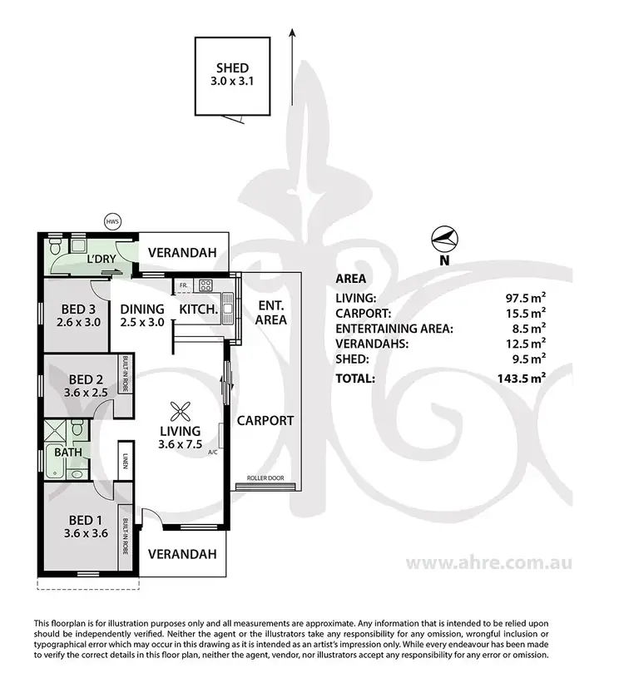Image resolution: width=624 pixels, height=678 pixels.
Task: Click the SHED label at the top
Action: (x=232, y=68)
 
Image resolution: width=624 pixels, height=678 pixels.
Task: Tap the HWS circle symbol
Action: (x=112, y=221)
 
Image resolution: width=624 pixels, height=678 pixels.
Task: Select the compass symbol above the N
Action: (x=444, y=240)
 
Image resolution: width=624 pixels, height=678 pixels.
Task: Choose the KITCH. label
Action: (x=199, y=309)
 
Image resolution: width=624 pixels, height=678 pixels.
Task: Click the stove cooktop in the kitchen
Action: (x=205, y=287)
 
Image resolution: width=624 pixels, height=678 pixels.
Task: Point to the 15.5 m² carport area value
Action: (x=527, y=313)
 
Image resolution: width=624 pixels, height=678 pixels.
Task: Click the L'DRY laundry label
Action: (x=101, y=260)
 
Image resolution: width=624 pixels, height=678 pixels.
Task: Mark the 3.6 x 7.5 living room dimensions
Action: (x=180, y=444)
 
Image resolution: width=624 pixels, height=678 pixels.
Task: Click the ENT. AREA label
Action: (x=271, y=312)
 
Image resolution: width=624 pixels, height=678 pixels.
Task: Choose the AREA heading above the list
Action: (x=352, y=280)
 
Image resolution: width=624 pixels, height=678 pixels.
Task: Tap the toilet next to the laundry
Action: (x=55, y=247)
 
